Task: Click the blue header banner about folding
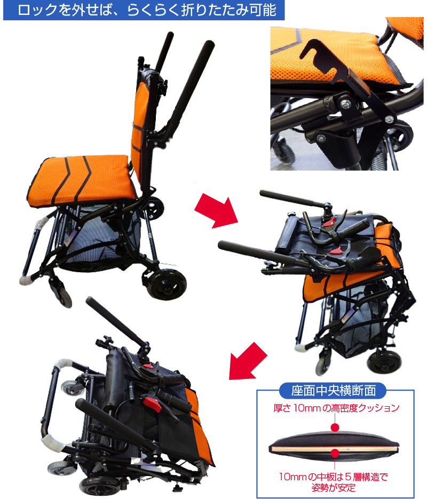(144, 10)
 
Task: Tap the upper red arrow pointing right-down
(216, 212)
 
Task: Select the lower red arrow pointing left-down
(248, 361)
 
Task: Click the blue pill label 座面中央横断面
(333, 391)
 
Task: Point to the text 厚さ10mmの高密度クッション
(336, 408)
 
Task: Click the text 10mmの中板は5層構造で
(334, 477)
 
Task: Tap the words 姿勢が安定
(334, 487)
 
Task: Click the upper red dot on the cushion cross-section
(335, 427)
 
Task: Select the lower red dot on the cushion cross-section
(335, 453)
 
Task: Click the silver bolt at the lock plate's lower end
(389, 120)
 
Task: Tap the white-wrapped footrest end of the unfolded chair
(27, 280)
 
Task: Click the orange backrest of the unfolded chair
(139, 128)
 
